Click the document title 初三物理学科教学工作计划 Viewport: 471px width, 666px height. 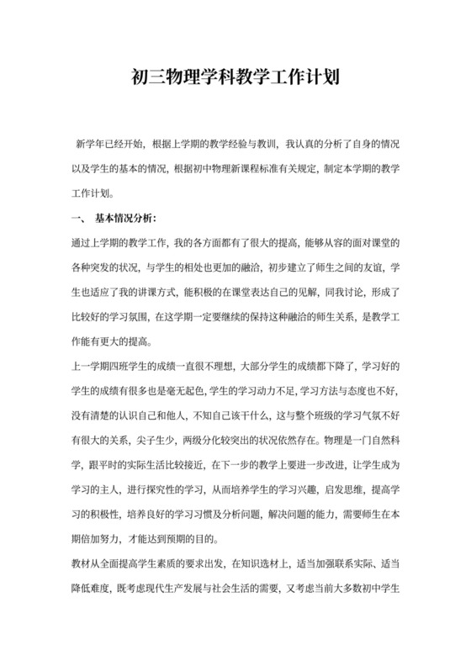pos(235,79)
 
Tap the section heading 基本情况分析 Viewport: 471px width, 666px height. pos(124,218)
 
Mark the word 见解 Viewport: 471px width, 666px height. pos(321,292)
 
